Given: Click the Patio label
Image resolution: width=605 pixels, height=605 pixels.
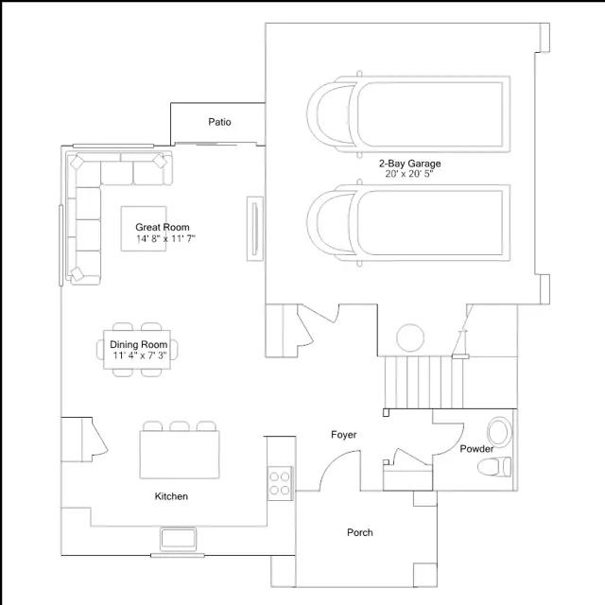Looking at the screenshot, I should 220,122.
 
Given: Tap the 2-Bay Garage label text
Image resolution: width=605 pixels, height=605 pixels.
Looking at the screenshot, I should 410,164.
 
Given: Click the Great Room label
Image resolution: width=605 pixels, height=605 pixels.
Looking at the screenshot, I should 163,227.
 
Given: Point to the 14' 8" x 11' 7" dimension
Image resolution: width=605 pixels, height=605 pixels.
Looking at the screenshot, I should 165,239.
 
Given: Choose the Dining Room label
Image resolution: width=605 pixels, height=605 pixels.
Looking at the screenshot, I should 139,345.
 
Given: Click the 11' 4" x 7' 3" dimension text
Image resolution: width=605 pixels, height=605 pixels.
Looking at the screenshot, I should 139,356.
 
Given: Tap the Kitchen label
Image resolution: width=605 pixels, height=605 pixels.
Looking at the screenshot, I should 172,496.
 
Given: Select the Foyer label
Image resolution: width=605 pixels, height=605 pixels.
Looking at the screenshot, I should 343,435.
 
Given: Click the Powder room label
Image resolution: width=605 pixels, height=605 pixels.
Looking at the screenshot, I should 476,449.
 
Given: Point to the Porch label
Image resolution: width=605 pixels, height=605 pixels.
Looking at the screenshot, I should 359,532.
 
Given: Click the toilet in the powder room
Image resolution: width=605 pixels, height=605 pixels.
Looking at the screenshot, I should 494,466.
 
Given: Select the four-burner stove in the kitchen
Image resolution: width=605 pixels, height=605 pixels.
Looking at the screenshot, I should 280,482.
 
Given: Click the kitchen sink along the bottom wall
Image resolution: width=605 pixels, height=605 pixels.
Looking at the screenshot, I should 178,539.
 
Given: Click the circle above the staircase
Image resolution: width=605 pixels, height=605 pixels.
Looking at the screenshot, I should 410,337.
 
